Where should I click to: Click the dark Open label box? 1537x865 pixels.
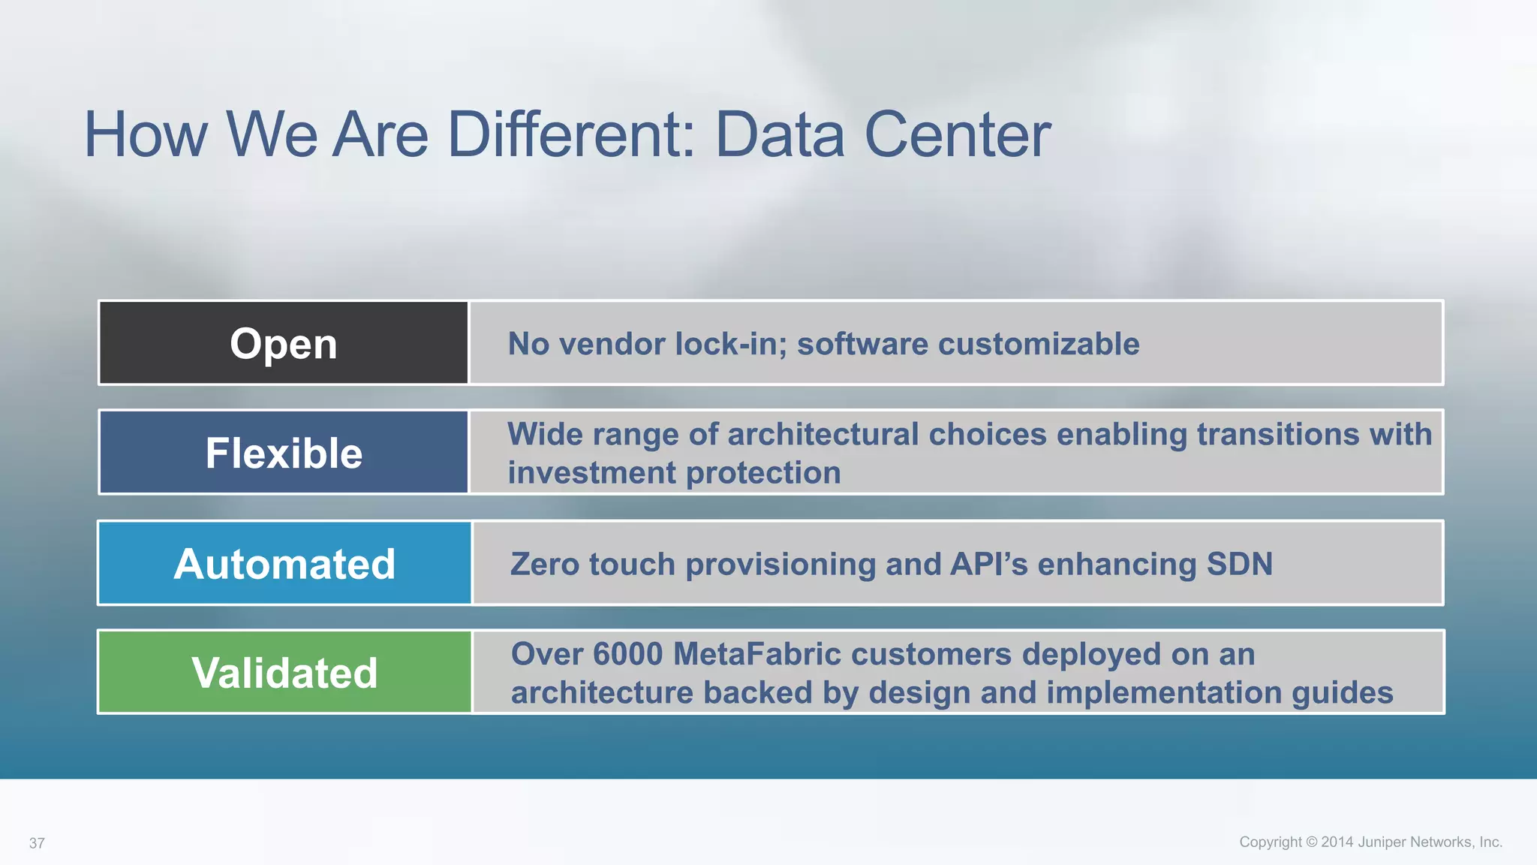click(284, 343)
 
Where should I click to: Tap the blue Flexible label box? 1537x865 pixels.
click(284, 453)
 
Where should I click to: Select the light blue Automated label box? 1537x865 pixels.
click(284, 563)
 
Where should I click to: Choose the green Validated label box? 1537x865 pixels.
click(284, 672)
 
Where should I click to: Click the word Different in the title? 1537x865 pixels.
click(571, 134)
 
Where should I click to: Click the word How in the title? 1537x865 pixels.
click(146, 134)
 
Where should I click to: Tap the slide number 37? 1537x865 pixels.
click(37, 843)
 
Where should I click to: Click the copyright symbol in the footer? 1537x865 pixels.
click(1312, 842)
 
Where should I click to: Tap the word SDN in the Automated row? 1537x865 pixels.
click(1239, 564)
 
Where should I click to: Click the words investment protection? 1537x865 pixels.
click(674, 473)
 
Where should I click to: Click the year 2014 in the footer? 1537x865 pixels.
click(1337, 842)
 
